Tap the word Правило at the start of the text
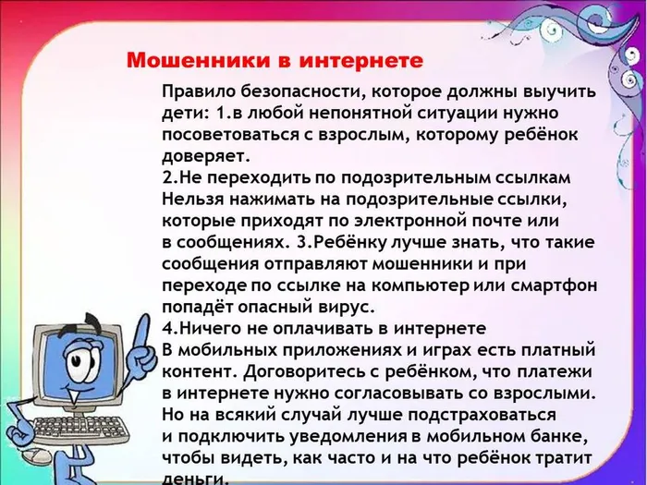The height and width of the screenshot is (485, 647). coord(195,93)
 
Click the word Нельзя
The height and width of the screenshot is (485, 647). coord(190,199)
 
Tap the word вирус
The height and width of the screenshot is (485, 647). coord(342,305)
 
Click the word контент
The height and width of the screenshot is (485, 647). coord(193,370)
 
